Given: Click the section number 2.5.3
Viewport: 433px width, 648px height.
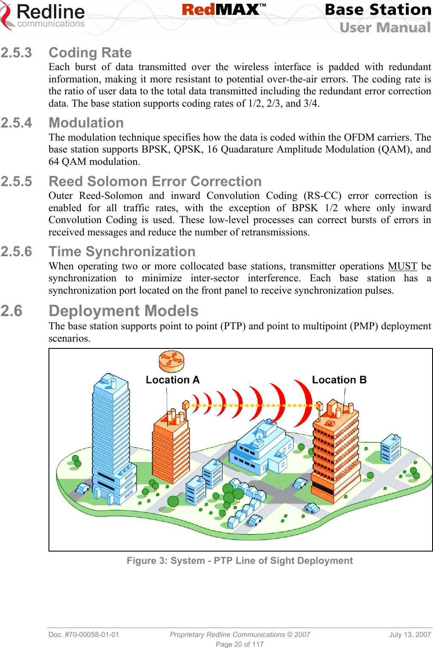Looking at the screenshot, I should pos(16,53).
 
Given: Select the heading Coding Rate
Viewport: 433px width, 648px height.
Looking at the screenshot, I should pos(90,53).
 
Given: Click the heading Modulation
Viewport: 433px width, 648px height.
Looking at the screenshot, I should pos(86,123).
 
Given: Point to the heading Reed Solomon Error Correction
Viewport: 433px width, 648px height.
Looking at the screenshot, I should pos(155,181).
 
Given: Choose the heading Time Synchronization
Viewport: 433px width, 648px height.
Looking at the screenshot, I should pos(122,252).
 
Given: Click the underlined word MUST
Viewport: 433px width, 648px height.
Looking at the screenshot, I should pos(402,266).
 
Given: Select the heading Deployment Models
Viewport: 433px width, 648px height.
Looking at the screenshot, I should pos(124,311).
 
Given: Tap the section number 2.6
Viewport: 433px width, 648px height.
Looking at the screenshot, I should pos(11,311).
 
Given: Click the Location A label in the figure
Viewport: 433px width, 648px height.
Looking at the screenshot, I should pos(172,380).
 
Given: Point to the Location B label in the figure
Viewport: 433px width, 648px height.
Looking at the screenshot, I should pos(339,380).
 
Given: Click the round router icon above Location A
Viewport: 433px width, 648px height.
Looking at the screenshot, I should pos(171,361).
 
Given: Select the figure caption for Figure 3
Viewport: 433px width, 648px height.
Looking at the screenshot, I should pos(239,561).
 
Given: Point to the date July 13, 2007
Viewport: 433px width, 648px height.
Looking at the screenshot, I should pos(410,634).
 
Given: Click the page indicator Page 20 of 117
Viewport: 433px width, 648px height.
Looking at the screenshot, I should pos(239,644).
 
